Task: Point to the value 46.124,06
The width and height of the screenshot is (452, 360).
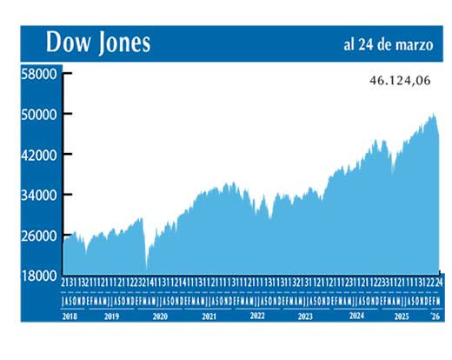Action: click(x=401, y=80)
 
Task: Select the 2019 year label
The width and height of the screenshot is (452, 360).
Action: click(x=111, y=317)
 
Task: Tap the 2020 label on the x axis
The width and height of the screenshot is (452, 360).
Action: click(x=160, y=317)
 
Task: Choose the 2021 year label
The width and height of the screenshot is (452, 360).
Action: click(x=209, y=317)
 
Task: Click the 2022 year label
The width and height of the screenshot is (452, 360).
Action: click(x=257, y=317)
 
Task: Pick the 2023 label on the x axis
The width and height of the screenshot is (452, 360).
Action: click(x=305, y=317)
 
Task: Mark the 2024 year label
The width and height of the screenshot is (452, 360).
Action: click(x=354, y=317)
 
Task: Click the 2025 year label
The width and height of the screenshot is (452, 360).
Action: click(x=402, y=317)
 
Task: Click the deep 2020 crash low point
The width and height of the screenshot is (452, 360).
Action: click(x=147, y=268)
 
